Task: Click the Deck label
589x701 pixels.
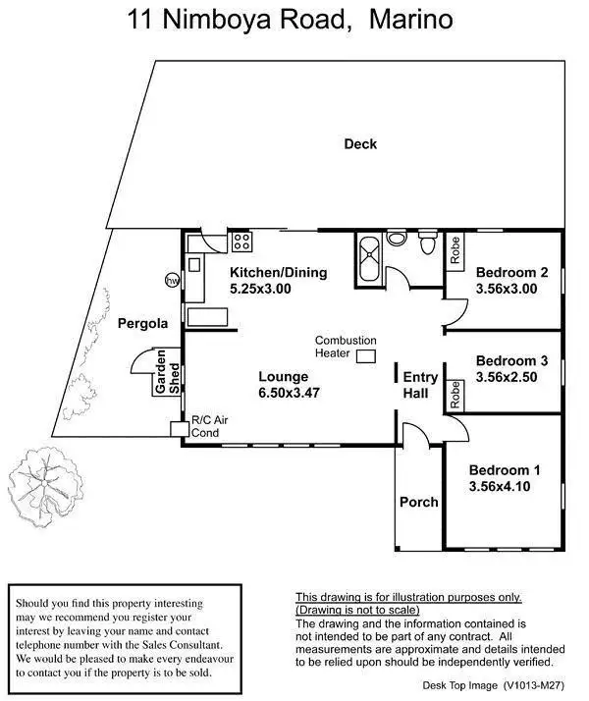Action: pyautogui.click(x=360, y=144)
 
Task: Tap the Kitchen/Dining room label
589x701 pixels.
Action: pyautogui.click(x=278, y=273)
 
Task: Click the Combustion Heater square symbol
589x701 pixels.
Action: pyautogui.click(x=367, y=356)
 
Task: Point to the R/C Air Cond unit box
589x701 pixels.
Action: pyautogui.click(x=179, y=429)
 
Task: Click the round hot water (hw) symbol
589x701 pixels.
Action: pyautogui.click(x=172, y=280)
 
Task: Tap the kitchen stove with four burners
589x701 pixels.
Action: pyautogui.click(x=241, y=242)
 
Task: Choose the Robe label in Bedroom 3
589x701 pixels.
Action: pyautogui.click(x=455, y=395)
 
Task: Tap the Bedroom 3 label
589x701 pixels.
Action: pyautogui.click(x=510, y=360)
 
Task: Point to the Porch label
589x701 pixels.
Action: pyautogui.click(x=419, y=502)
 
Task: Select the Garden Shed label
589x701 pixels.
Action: pyautogui.click(x=165, y=374)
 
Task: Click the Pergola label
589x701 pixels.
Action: pyautogui.click(x=143, y=323)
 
